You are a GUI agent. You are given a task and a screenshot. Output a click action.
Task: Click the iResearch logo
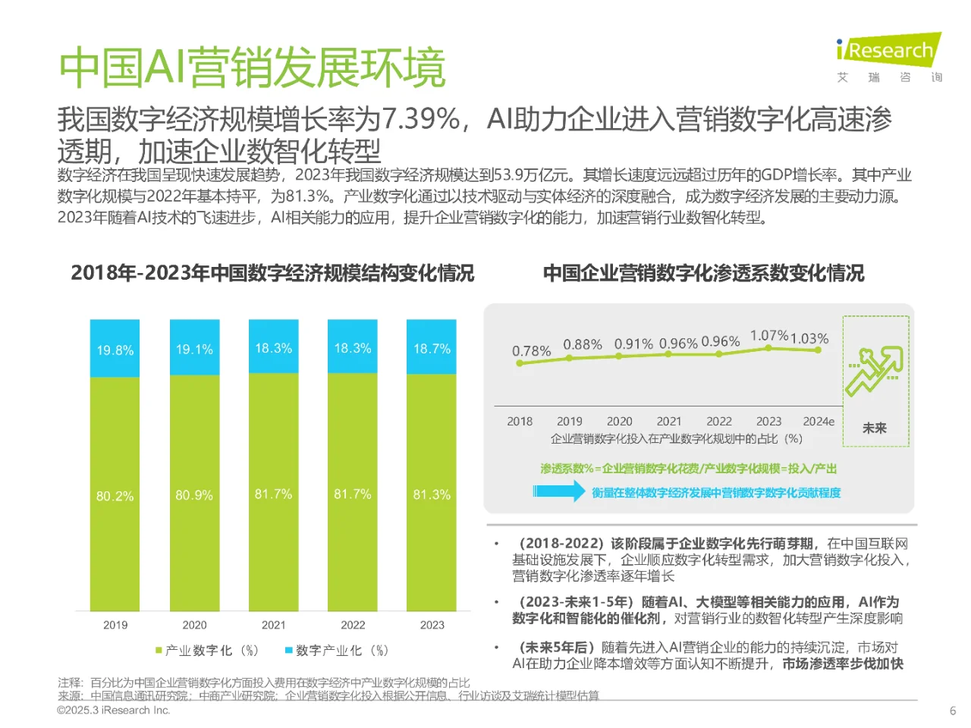pyautogui.click(x=889, y=52)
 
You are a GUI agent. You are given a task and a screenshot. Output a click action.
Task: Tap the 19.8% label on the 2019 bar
pyautogui.click(x=115, y=350)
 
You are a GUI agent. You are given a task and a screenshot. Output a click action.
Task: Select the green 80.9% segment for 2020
pyautogui.click(x=194, y=495)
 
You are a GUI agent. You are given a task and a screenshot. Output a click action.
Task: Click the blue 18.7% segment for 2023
pyautogui.click(x=432, y=348)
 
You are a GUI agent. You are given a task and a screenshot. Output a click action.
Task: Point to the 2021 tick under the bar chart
pyautogui.click(x=274, y=625)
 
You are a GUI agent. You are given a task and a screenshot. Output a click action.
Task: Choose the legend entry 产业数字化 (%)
pyautogui.click(x=206, y=651)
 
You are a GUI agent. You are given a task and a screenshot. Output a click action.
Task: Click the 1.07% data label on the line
pyautogui.click(x=768, y=335)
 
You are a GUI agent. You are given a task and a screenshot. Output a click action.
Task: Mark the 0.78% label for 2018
pyautogui.click(x=531, y=351)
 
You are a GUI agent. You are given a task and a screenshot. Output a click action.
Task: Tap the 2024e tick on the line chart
pyautogui.click(x=819, y=422)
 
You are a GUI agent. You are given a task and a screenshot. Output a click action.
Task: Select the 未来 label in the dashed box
pyautogui.click(x=874, y=428)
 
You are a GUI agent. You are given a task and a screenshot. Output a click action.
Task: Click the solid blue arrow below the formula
pyautogui.click(x=558, y=491)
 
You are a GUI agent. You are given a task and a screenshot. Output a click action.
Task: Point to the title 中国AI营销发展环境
pyautogui.click(x=252, y=68)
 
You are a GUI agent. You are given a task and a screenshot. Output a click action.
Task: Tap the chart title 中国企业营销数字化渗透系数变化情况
pyautogui.click(x=703, y=273)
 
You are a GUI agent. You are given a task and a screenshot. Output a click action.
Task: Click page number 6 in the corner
pyautogui.click(x=953, y=711)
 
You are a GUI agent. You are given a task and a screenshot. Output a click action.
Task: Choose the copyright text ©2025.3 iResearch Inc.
pyautogui.click(x=114, y=711)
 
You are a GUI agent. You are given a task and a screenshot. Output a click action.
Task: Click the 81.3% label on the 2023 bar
pyautogui.click(x=432, y=494)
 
